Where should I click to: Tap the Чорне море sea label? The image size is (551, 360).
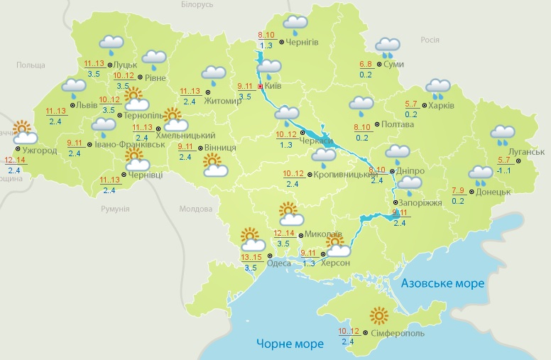pyautogui.click(x=290, y=344)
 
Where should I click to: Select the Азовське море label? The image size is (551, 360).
pyautogui.click(x=442, y=283)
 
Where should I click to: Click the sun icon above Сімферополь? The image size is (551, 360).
pyautogui.click(x=380, y=315)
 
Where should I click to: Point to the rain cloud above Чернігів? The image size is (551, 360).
pyautogui.click(x=295, y=24)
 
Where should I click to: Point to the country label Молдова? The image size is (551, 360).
pyautogui.click(x=196, y=209)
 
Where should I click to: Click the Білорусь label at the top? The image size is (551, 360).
pyautogui.click(x=197, y=4)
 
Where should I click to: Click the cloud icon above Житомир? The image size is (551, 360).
pyautogui.click(x=213, y=74)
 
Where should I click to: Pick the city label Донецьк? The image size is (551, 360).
pyautogui.click(x=495, y=192)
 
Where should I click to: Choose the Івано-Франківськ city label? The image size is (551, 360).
pyautogui.click(x=129, y=144)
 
